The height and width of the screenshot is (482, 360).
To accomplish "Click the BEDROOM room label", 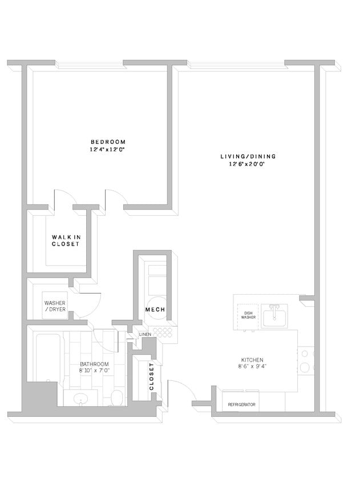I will (108, 142).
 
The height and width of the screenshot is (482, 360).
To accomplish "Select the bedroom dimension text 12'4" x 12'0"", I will (108, 149).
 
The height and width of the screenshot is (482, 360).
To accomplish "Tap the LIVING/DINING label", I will (248, 156).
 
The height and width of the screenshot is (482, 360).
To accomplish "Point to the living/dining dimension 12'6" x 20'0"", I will (248, 164).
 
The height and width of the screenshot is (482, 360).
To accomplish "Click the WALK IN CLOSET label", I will (66, 240).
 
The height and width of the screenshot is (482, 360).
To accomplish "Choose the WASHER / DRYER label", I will (55, 306).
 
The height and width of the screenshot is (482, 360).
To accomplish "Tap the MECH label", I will (155, 310).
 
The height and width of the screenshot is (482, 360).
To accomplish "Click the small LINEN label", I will (145, 334).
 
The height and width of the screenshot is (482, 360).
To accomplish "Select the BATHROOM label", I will (94, 364).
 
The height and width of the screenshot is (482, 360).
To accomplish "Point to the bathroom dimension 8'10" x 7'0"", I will (94, 371).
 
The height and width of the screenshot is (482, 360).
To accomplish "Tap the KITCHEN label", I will (251, 360).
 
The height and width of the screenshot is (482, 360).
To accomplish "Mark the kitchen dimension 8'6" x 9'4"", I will (251, 367).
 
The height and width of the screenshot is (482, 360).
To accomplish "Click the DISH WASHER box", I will (248, 315).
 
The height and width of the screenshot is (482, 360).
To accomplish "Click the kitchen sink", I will (275, 315).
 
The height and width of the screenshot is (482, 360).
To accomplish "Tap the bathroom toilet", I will (116, 397).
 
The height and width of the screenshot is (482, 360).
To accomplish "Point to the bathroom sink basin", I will (80, 398).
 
